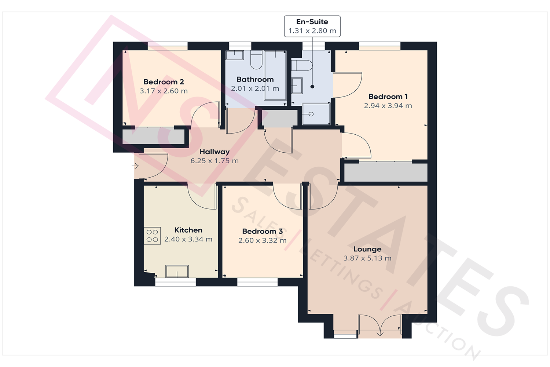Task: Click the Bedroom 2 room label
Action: tap(164, 82)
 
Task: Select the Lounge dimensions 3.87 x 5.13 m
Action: tap(367, 258)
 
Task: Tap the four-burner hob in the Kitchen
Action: tap(152, 236)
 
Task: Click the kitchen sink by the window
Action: tap(177, 272)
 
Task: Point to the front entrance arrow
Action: tap(135, 166)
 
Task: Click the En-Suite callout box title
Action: tap(312, 22)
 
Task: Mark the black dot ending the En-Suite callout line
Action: tap(312, 87)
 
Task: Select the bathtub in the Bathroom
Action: tap(275, 75)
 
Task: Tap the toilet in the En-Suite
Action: tap(301, 66)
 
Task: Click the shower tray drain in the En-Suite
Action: tap(311, 114)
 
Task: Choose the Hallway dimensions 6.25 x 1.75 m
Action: tap(214, 161)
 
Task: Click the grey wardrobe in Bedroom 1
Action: tap(386, 172)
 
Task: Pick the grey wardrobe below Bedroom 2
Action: tap(153, 137)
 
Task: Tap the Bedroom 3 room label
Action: tap(262, 231)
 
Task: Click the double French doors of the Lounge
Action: tap(380, 326)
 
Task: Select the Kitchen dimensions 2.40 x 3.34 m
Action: tap(188, 239)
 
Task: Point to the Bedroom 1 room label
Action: tap(388, 97)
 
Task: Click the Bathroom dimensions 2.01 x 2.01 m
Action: tap(255, 88)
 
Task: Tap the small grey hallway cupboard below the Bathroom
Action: tap(279, 119)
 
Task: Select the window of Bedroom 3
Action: tap(257, 282)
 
